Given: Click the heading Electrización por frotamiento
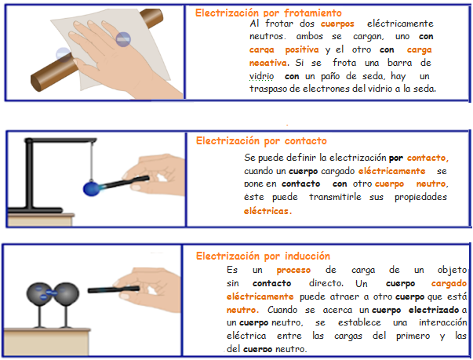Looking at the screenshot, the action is (268, 13).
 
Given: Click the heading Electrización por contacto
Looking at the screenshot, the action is (261, 141).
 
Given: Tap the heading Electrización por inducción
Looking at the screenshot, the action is (263, 256).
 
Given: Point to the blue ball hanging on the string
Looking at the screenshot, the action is (92, 188).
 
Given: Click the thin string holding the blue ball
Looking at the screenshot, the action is (92, 161).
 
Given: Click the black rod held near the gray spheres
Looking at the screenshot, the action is (114, 289).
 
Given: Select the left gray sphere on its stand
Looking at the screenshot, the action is (39, 293).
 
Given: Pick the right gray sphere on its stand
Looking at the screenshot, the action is (67, 293).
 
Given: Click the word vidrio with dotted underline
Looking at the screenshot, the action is (261, 76).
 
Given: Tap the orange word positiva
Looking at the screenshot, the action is (302, 49).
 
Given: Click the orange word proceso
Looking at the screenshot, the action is (293, 270).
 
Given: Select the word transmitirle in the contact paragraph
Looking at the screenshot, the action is (335, 197).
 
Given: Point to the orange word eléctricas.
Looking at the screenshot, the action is (267, 211).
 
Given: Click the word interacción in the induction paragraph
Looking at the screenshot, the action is (443, 322).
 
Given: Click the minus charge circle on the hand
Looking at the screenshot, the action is (123, 39).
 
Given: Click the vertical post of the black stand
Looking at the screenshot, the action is (29, 174).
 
